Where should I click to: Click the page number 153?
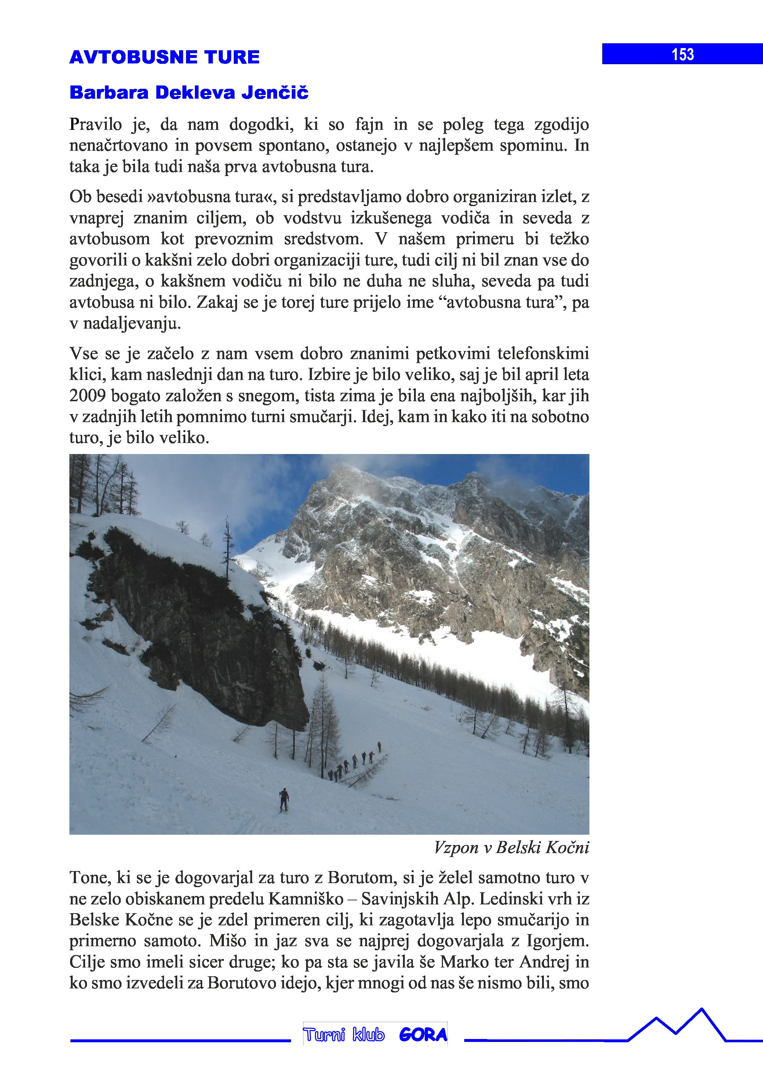[682, 54]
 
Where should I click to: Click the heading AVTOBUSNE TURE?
[164, 57]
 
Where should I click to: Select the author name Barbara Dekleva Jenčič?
[189, 92]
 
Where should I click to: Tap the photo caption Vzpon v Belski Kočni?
[511, 848]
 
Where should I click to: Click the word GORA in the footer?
[423, 1035]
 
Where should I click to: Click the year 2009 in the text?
[87, 396]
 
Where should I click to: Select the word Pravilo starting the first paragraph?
[95, 125]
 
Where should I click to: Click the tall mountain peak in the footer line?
[702, 1010]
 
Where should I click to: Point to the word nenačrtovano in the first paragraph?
[118, 146]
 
